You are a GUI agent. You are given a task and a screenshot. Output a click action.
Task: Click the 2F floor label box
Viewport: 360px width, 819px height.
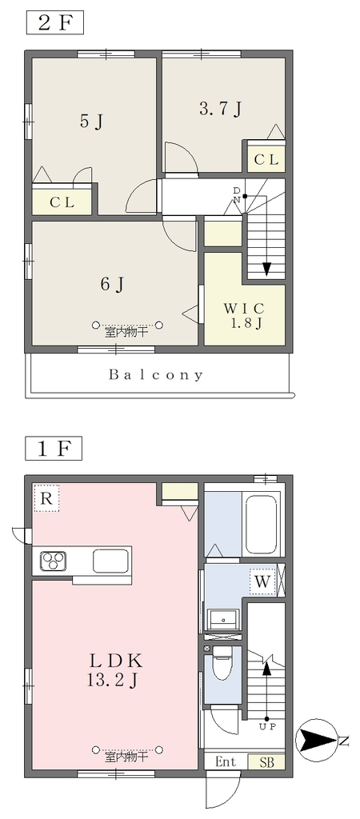(x=55, y=23)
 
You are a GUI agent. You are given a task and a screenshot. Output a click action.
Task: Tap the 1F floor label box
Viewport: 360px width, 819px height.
(x=55, y=449)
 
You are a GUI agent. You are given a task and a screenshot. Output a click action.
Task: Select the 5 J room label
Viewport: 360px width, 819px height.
(x=91, y=122)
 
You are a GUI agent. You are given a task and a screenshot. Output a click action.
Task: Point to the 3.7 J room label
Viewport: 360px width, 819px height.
(x=221, y=109)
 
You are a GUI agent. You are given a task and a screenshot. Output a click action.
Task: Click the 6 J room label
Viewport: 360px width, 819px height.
(x=113, y=284)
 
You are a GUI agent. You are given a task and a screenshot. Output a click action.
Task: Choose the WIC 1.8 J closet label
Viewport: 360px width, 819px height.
(x=244, y=315)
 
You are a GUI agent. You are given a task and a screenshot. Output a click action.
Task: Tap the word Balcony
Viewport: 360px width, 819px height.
(x=156, y=374)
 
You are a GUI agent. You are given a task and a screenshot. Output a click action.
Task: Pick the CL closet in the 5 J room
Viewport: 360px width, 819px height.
(x=62, y=202)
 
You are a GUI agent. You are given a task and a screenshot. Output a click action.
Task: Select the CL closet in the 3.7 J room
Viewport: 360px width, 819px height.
(x=266, y=160)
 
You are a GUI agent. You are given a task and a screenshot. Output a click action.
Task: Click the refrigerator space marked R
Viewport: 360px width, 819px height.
(x=46, y=497)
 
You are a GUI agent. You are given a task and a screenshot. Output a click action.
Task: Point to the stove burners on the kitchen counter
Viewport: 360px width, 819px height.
(x=54, y=561)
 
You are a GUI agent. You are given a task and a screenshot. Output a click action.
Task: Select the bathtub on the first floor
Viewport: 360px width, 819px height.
(x=261, y=524)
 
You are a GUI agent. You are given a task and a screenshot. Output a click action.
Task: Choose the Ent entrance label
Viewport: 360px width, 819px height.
(x=226, y=761)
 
